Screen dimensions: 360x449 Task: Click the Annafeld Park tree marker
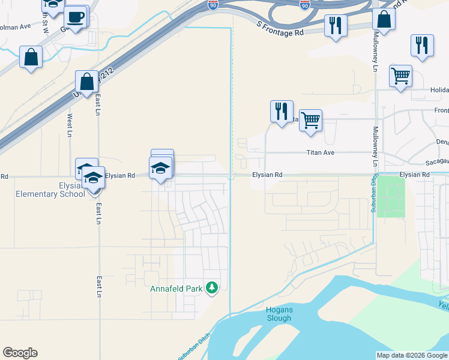[211, 289]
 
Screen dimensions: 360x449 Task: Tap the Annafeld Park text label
[176, 289]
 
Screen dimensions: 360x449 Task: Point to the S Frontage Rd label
[280, 29]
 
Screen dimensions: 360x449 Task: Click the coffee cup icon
[76, 17]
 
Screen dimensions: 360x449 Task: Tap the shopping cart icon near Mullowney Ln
[400, 76]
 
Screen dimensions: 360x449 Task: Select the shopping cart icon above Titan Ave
[310, 120]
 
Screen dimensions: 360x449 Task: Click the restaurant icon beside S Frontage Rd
[335, 26]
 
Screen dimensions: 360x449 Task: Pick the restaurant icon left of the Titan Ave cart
[281, 111]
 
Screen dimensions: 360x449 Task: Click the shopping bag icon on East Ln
[87, 82]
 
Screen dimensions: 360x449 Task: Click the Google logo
[20, 353]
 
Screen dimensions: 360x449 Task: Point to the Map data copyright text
[412, 355]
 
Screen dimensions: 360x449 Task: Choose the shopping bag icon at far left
[31, 58]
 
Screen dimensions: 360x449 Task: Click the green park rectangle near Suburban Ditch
[391, 197]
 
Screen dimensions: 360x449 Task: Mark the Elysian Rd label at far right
[415, 175]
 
